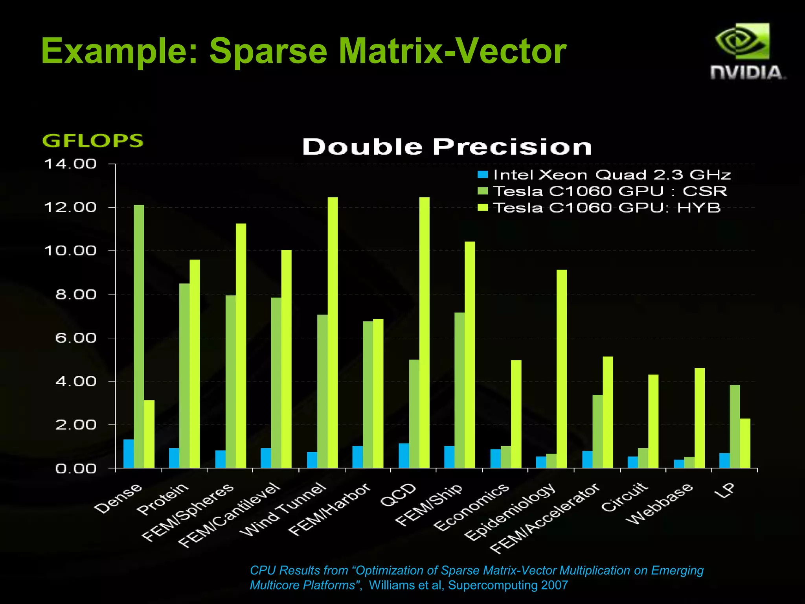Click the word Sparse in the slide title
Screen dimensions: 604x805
pos(268,51)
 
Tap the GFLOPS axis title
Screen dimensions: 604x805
pos(93,141)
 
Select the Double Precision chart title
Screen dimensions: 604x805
pos(447,147)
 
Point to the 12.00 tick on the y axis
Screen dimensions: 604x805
pos(70,207)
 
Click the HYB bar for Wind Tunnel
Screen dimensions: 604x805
pos(333,332)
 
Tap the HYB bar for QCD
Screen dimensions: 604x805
pos(425,332)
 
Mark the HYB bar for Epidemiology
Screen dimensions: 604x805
pos(562,368)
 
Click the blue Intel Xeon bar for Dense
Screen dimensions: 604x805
pos(129,453)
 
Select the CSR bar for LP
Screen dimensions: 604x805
pos(735,426)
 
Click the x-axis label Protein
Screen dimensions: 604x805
pos(163,499)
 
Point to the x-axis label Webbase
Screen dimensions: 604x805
pos(660,503)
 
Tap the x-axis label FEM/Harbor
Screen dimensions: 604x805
pos(329,510)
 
